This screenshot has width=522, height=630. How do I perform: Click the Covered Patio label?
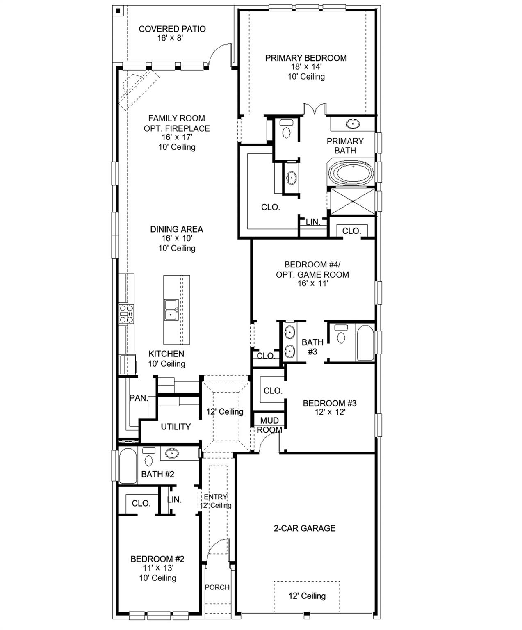click(172, 29)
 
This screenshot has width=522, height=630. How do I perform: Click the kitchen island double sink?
click(171, 309)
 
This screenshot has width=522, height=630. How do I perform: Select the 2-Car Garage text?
click(304, 528)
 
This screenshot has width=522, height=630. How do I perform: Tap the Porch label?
click(217, 587)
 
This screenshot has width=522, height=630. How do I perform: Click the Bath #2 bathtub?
click(128, 466)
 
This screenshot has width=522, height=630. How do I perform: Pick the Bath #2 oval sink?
click(172, 453)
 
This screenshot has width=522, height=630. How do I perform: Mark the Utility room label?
click(176, 427)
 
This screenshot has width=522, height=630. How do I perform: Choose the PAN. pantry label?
click(138, 398)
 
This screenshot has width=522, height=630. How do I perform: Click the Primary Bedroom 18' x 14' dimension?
click(306, 67)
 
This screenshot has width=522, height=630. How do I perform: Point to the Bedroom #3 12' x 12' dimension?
click(330, 412)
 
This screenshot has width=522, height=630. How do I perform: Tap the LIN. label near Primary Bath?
click(313, 222)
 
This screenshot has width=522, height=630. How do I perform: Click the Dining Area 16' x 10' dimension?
click(177, 238)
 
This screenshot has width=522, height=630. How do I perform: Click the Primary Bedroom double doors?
click(315, 109)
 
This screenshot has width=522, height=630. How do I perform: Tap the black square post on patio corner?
click(118, 11)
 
